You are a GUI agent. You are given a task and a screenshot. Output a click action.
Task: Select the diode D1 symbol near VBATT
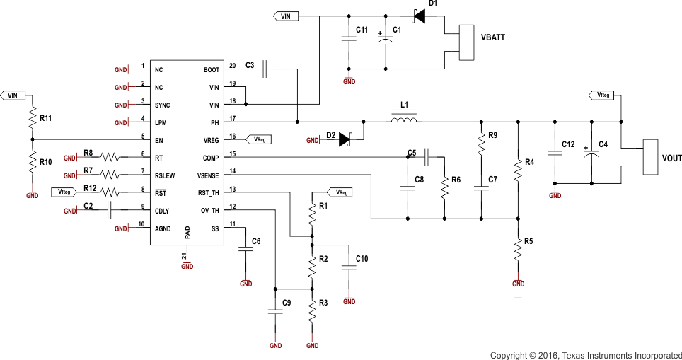coord(419,16)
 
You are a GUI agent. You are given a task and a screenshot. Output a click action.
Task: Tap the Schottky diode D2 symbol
coord(345,140)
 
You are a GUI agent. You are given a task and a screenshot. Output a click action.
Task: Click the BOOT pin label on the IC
coord(211,70)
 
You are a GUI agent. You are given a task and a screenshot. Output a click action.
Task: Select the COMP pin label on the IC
coord(210,158)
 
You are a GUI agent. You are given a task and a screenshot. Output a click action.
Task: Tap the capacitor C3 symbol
coord(264,69)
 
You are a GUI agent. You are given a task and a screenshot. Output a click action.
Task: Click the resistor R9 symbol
coord(481,144)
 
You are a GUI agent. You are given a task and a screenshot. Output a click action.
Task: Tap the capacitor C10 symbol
coord(348,267)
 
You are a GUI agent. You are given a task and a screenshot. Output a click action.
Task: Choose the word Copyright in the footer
coord(509,354)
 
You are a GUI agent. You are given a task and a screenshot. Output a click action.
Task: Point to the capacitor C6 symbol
coord(245,248)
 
